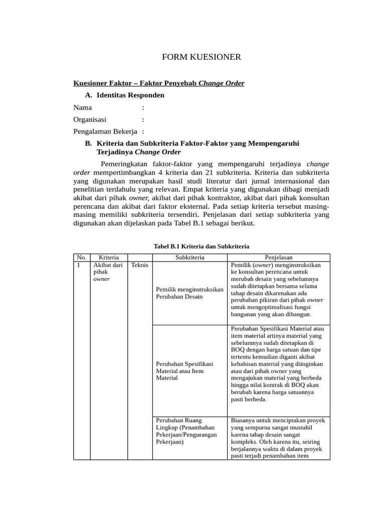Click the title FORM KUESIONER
point(202,57)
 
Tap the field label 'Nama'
point(83,107)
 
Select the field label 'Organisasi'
point(90,119)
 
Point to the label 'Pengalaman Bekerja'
point(105,131)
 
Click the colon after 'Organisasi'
point(143,119)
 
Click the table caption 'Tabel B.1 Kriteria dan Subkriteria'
point(201,246)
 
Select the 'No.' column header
point(82,258)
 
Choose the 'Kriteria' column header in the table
point(109,258)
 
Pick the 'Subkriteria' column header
point(189,258)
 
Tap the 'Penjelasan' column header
point(279,258)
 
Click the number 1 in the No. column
point(79,265)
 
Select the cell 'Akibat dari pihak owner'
point(108,272)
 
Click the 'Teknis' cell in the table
point(140,265)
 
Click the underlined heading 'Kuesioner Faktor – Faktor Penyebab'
point(135,83)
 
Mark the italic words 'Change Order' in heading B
point(158,152)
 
